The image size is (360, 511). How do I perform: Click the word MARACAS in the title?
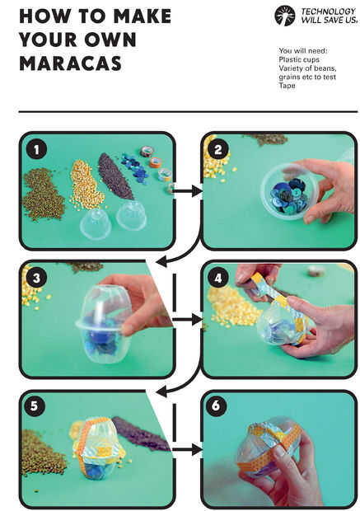(x=70, y=63)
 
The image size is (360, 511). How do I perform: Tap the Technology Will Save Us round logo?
(x=285, y=16)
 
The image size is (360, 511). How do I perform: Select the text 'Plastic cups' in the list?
(x=299, y=59)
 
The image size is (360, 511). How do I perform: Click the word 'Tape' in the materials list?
(x=287, y=86)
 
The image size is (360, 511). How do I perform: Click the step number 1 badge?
(x=36, y=149)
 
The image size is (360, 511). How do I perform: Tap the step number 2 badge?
(x=218, y=149)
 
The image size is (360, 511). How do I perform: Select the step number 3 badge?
(x=36, y=278)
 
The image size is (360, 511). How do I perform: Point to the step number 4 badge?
(x=218, y=278)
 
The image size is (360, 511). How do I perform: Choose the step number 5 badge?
(x=34, y=406)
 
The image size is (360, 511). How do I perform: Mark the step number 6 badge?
(x=216, y=406)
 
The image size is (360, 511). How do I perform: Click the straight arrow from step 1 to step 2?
(x=187, y=191)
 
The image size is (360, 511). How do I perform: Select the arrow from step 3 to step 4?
(x=187, y=320)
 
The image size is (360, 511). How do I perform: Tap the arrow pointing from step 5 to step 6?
(x=187, y=450)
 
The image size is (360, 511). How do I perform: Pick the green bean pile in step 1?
(x=44, y=194)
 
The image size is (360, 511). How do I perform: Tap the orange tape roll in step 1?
(x=156, y=162)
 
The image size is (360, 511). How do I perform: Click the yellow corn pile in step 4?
(x=234, y=307)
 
